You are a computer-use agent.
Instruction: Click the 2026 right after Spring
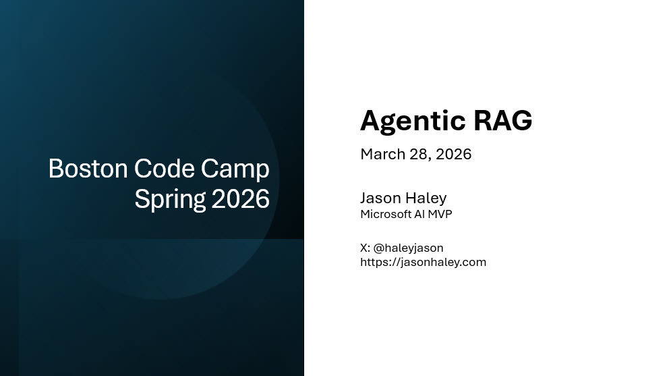pyautogui.click(x=240, y=199)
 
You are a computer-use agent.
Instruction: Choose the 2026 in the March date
pyautogui.click(x=453, y=154)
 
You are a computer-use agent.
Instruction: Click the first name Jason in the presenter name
pyautogui.click(x=380, y=198)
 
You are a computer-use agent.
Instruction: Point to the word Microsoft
pyautogui.click(x=386, y=214)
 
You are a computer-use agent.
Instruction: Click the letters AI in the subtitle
pyautogui.click(x=419, y=214)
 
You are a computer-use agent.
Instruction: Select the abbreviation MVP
pyautogui.click(x=440, y=214)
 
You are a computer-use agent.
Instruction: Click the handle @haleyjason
pyautogui.click(x=408, y=248)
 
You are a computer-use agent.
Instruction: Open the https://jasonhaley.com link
pyautogui.click(x=423, y=262)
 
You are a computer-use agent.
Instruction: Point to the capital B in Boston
pyautogui.click(x=56, y=169)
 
